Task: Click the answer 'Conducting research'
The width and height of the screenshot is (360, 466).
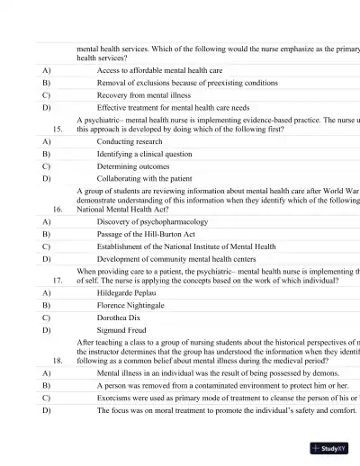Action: (130, 142)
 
